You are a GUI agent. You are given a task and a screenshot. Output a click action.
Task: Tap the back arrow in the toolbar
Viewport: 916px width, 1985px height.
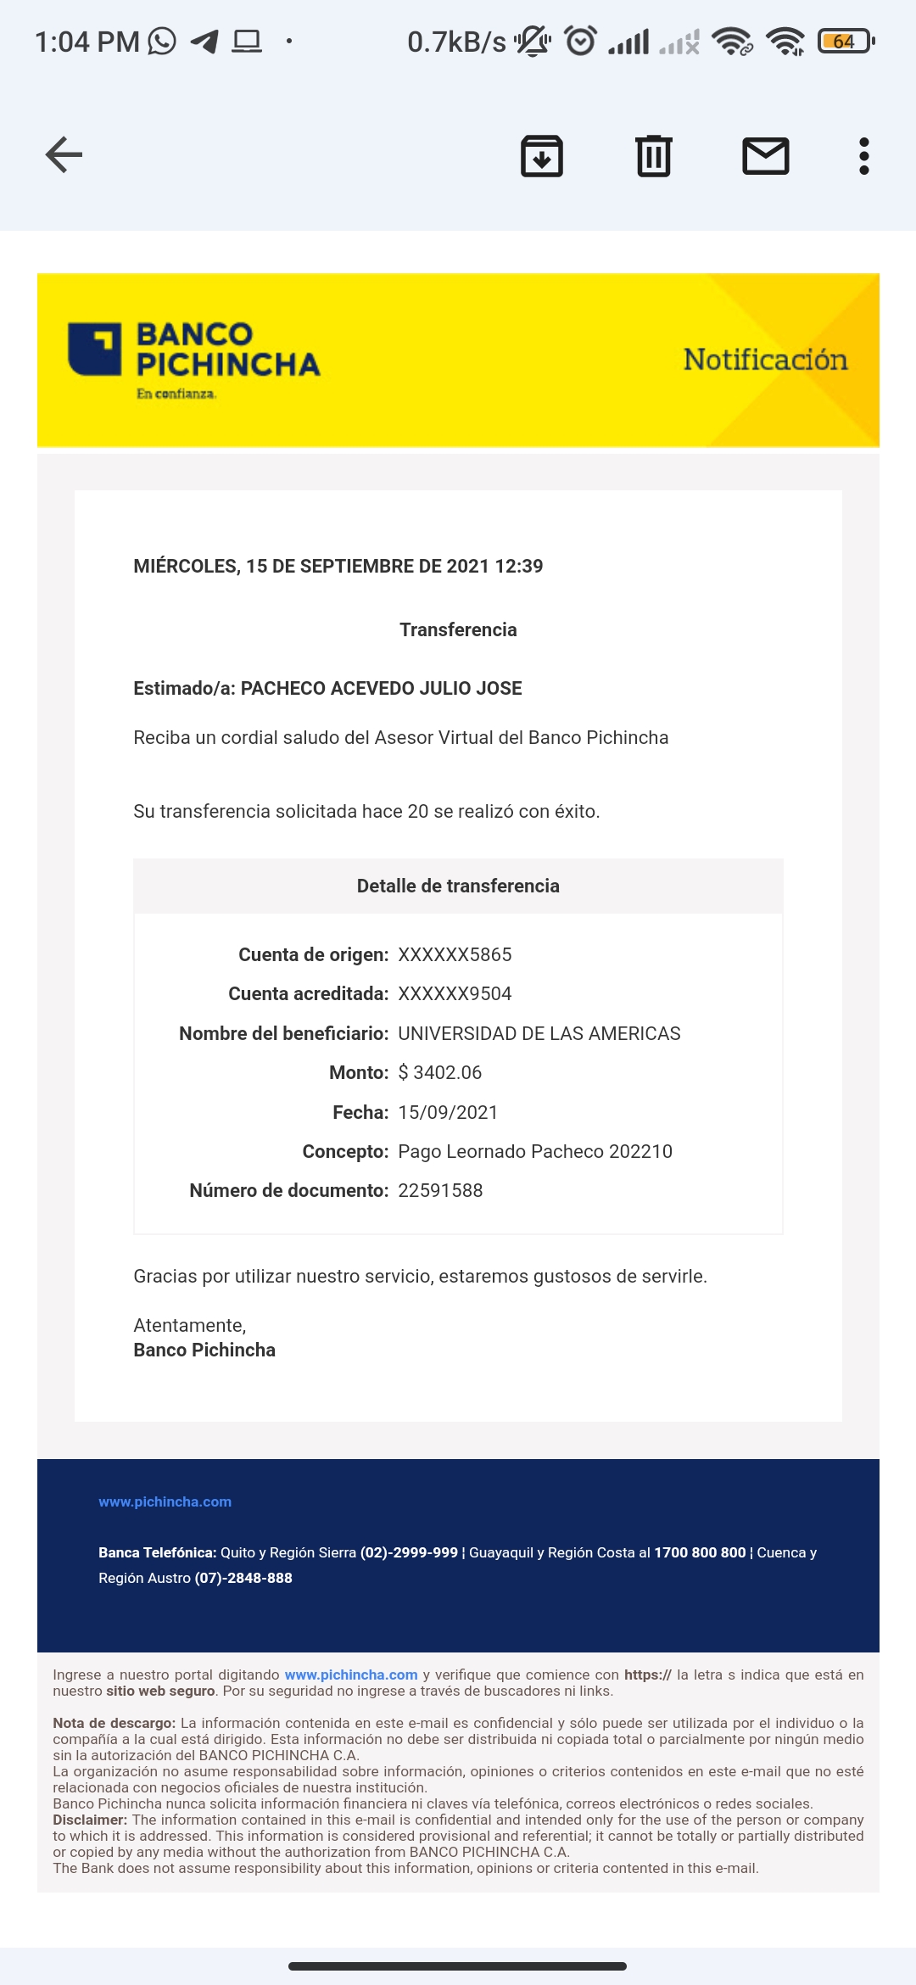click(64, 154)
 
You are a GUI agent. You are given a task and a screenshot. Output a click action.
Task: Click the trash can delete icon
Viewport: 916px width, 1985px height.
click(653, 156)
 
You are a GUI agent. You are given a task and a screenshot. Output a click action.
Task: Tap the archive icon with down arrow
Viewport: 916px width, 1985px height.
click(541, 156)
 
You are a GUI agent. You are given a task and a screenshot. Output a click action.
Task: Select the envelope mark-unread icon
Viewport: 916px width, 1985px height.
click(765, 156)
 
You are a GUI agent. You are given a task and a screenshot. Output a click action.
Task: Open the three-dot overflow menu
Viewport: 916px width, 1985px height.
click(863, 156)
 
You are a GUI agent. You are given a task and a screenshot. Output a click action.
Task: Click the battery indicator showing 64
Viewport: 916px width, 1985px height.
click(844, 41)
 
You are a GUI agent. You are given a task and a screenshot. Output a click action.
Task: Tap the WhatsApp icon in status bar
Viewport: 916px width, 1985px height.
click(162, 41)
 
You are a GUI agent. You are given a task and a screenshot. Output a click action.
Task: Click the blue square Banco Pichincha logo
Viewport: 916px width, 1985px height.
click(95, 349)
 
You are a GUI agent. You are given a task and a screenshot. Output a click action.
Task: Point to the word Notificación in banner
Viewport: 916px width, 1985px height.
click(765, 360)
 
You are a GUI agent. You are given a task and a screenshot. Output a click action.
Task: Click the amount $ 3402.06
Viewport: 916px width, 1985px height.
click(439, 1072)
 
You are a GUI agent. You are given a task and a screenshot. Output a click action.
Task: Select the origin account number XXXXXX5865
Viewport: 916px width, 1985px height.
click(455, 954)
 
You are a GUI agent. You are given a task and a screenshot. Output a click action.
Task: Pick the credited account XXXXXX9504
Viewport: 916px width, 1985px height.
click(455, 993)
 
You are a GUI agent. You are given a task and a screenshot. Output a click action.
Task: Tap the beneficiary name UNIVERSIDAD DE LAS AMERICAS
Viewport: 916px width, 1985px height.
click(539, 1033)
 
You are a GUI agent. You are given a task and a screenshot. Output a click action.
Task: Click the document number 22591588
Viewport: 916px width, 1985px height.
click(440, 1190)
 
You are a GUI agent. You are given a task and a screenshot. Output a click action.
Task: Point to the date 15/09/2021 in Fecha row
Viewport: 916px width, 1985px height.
click(448, 1112)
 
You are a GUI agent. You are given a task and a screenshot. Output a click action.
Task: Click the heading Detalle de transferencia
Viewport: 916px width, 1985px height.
click(458, 886)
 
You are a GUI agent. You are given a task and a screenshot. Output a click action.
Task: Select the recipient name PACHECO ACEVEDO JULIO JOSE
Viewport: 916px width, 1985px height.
click(381, 688)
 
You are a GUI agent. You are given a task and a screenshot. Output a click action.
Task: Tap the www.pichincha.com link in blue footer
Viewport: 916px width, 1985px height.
click(165, 1501)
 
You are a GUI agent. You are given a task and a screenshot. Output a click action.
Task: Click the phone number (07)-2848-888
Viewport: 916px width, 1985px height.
click(243, 1578)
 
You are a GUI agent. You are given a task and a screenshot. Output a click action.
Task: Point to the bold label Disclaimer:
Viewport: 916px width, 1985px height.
click(90, 1820)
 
